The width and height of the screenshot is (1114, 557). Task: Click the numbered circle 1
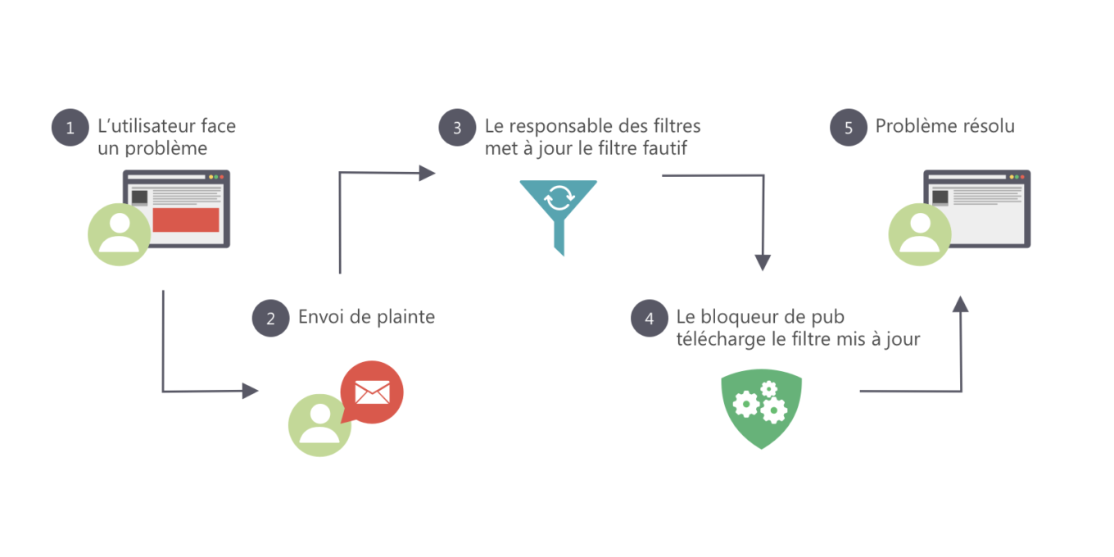click(x=70, y=127)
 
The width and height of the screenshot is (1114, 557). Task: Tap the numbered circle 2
click(x=270, y=319)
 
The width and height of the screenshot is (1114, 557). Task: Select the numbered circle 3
click(x=457, y=127)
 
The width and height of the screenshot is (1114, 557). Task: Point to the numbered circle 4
click(x=649, y=319)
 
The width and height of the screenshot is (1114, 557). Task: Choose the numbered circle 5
click(x=849, y=127)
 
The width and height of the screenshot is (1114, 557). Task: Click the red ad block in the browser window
click(x=185, y=220)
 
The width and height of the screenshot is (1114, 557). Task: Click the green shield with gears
click(x=762, y=408)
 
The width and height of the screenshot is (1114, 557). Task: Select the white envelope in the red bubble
click(x=372, y=392)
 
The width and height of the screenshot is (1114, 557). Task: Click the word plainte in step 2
click(x=405, y=317)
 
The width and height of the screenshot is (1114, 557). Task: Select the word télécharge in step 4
click(x=721, y=339)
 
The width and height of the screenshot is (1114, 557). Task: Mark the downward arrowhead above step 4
click(x=763, y=263)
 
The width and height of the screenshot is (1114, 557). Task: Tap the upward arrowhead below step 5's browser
click(x=960, y=304)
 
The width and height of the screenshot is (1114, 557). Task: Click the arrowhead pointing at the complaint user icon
click(x=250, y=391)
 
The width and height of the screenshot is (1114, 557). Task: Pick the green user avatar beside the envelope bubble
click(x=319, y=425)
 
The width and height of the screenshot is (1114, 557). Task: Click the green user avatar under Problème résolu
click(x=920, y=234)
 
